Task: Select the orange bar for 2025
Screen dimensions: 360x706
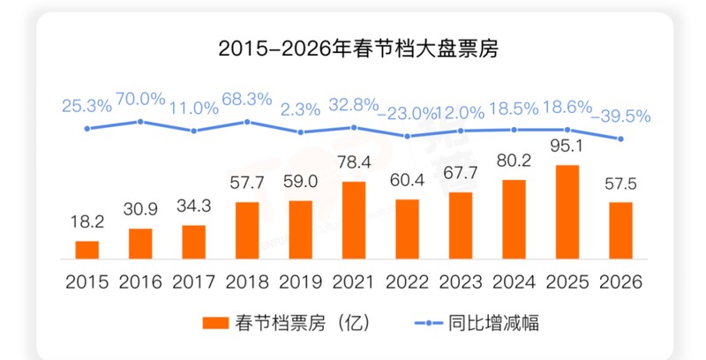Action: (568, 212)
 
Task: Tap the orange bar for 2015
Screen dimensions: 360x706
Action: (86, 250)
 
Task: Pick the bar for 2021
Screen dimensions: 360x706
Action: (354, 220)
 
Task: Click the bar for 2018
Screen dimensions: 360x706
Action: (247, 230)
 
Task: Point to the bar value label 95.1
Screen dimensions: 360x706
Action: (567, 146)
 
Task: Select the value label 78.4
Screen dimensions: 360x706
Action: (354, 162)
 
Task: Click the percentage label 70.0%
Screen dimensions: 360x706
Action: (140, 99)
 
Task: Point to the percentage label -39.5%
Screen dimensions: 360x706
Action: (622, 116)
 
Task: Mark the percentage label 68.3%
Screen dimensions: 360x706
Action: (247, 99)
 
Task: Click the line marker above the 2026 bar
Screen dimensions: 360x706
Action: (621, 139)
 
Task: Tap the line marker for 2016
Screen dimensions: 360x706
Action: (140, 121)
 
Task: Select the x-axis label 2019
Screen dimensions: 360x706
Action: (301, 282)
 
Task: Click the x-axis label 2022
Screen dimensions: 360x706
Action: (408, 282)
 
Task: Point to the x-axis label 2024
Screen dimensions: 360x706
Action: (514, 282)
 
